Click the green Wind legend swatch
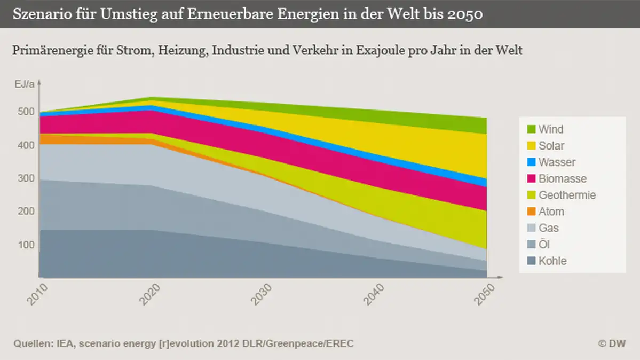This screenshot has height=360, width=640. click(x=531, y=129)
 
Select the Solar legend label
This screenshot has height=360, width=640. click(x=551, y=146)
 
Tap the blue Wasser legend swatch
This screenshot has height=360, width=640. click(x=531, y=162)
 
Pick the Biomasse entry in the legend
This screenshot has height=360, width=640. click(x=562, y=179)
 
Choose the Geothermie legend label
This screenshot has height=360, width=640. click(x=567, y=195)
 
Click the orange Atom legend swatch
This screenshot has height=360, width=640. click(x=531, y=212)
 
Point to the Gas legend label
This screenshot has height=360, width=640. click(x=549, y=229)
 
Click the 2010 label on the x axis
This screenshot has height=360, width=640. click(x=39, y=294)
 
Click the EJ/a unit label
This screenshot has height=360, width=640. click(x=25, y=84)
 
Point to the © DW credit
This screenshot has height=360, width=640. click(x=612, y=343)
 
